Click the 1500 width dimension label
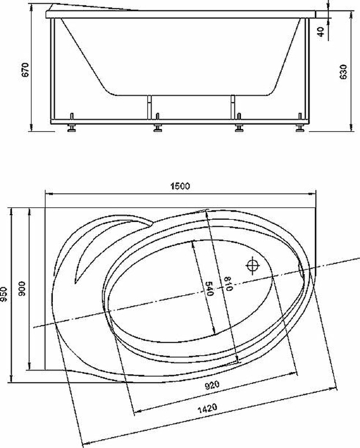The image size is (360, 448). (x=180, y=186)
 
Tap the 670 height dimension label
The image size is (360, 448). (x=25, y=70)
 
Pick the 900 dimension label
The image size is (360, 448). (x=22, y=288)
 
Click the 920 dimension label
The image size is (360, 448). (x=212, y=386)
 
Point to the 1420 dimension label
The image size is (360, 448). (x=207, y=408)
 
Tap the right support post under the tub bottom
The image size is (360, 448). (x=233, y=107)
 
